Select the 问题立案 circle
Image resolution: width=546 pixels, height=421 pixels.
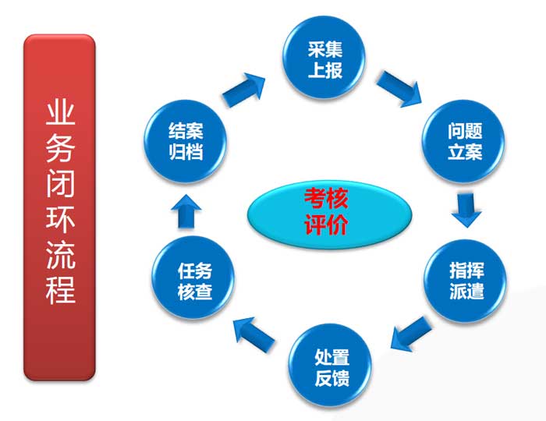coord(463,141)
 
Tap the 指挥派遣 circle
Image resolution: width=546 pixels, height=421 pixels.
coord(466,281)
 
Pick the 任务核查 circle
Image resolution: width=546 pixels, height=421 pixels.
coord(193,278)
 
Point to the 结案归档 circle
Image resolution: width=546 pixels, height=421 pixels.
coord(186,141)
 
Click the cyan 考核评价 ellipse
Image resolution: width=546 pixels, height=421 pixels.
coord(330,214)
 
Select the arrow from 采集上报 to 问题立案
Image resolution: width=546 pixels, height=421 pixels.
coord(399,89)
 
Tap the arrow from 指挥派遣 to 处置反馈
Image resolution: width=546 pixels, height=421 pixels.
coord(411,334)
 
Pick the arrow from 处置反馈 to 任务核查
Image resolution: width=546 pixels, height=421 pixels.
coord(254,334)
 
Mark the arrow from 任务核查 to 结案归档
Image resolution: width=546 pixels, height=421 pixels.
coord(186,211)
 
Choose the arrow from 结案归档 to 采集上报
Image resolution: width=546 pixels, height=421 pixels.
coord(243,90)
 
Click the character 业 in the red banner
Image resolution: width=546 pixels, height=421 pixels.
coord(60,113)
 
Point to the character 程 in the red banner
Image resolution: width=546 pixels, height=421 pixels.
coord(60,291)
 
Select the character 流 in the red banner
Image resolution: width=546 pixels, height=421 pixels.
coord(60,255)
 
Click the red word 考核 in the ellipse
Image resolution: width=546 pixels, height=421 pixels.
coord(326,198)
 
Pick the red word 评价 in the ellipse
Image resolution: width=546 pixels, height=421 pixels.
coord(326,225)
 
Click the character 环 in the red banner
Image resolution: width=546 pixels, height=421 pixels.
coord(60,219)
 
